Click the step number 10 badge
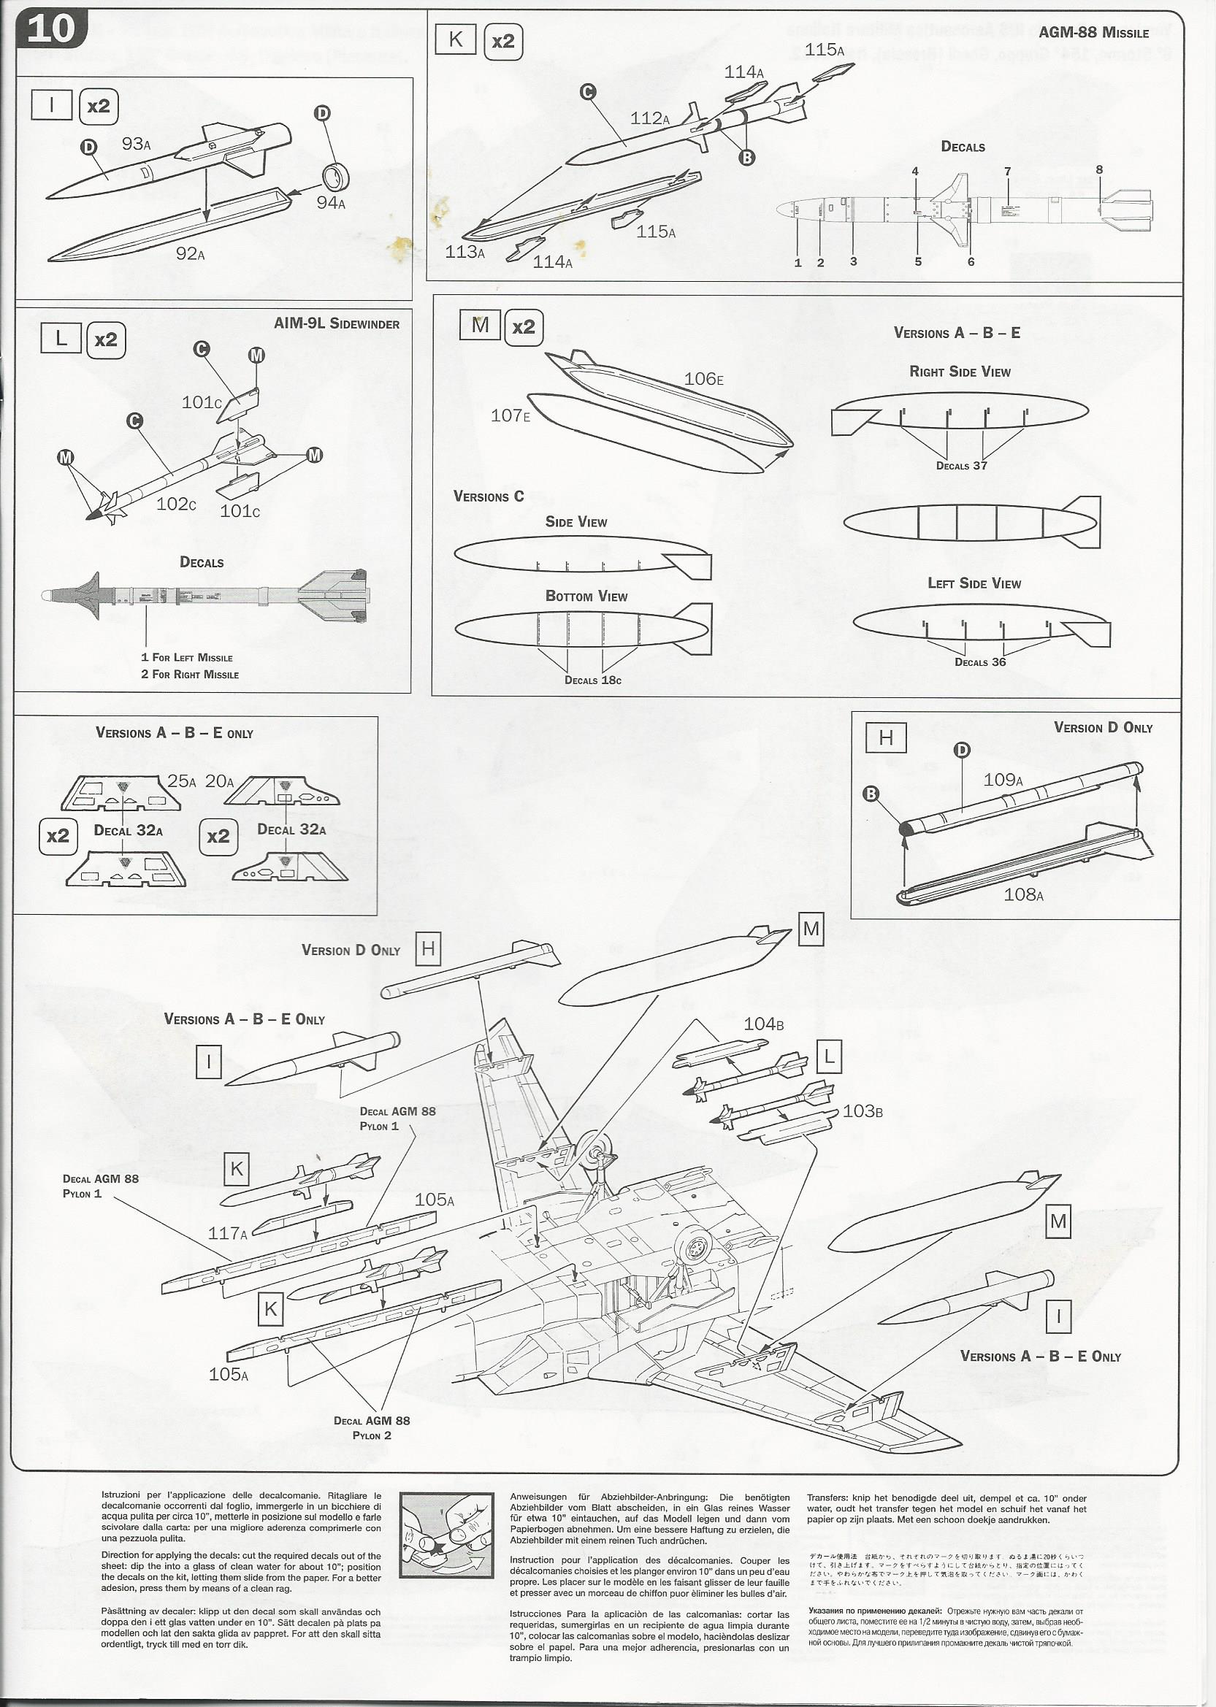(52, 29)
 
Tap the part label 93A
(137, 144)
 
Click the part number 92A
(190, 253)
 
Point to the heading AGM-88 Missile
(1093, 33)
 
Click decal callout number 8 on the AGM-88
(1099, 170)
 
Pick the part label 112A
(649, 118)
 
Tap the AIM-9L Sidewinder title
(336, 324)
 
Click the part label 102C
(176, 504)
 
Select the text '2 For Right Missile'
(190, 675)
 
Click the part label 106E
(703, 379)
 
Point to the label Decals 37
(961, 466)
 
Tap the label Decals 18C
(592, 680)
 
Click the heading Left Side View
(974, 583)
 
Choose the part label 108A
(1022, 894)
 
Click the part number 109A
(1003, 780)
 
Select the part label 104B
(763, 1024)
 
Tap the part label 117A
(228, 1232)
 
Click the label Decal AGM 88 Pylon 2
(372, 1427)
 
